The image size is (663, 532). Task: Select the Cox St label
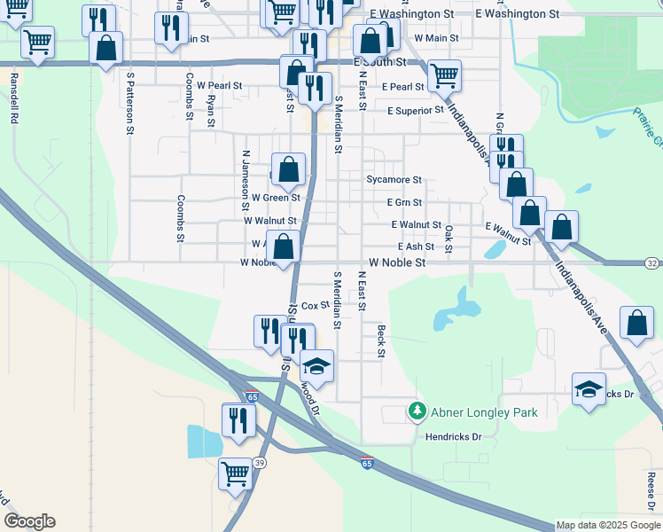pos(315,306)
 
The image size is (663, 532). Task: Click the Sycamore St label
pos(394,180)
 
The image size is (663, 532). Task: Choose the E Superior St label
pos(415,111)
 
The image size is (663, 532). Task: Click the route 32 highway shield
pos(651,263)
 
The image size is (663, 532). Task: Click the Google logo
pos(29,521)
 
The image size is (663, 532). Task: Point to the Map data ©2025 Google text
pos(608,526)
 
